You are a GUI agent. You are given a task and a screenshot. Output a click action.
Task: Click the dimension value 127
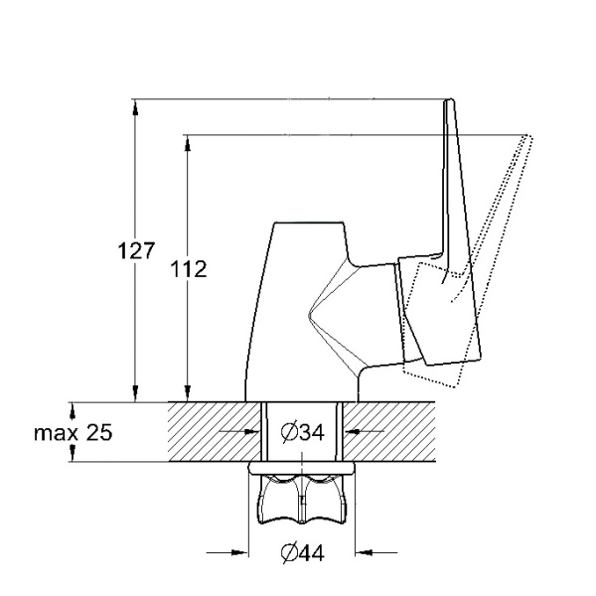point(135,250)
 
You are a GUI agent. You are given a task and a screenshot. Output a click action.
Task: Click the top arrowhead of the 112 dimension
point(186,140)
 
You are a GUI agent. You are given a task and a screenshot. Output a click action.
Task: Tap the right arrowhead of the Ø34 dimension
point(349,433)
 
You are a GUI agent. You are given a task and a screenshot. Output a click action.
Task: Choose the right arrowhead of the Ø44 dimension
point(361,552)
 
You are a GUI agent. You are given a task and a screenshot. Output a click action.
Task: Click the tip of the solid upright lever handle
point(450,102)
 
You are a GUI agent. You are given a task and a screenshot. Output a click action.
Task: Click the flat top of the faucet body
point(308,223)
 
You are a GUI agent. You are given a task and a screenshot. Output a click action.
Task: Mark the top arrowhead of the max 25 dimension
point(72,407)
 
